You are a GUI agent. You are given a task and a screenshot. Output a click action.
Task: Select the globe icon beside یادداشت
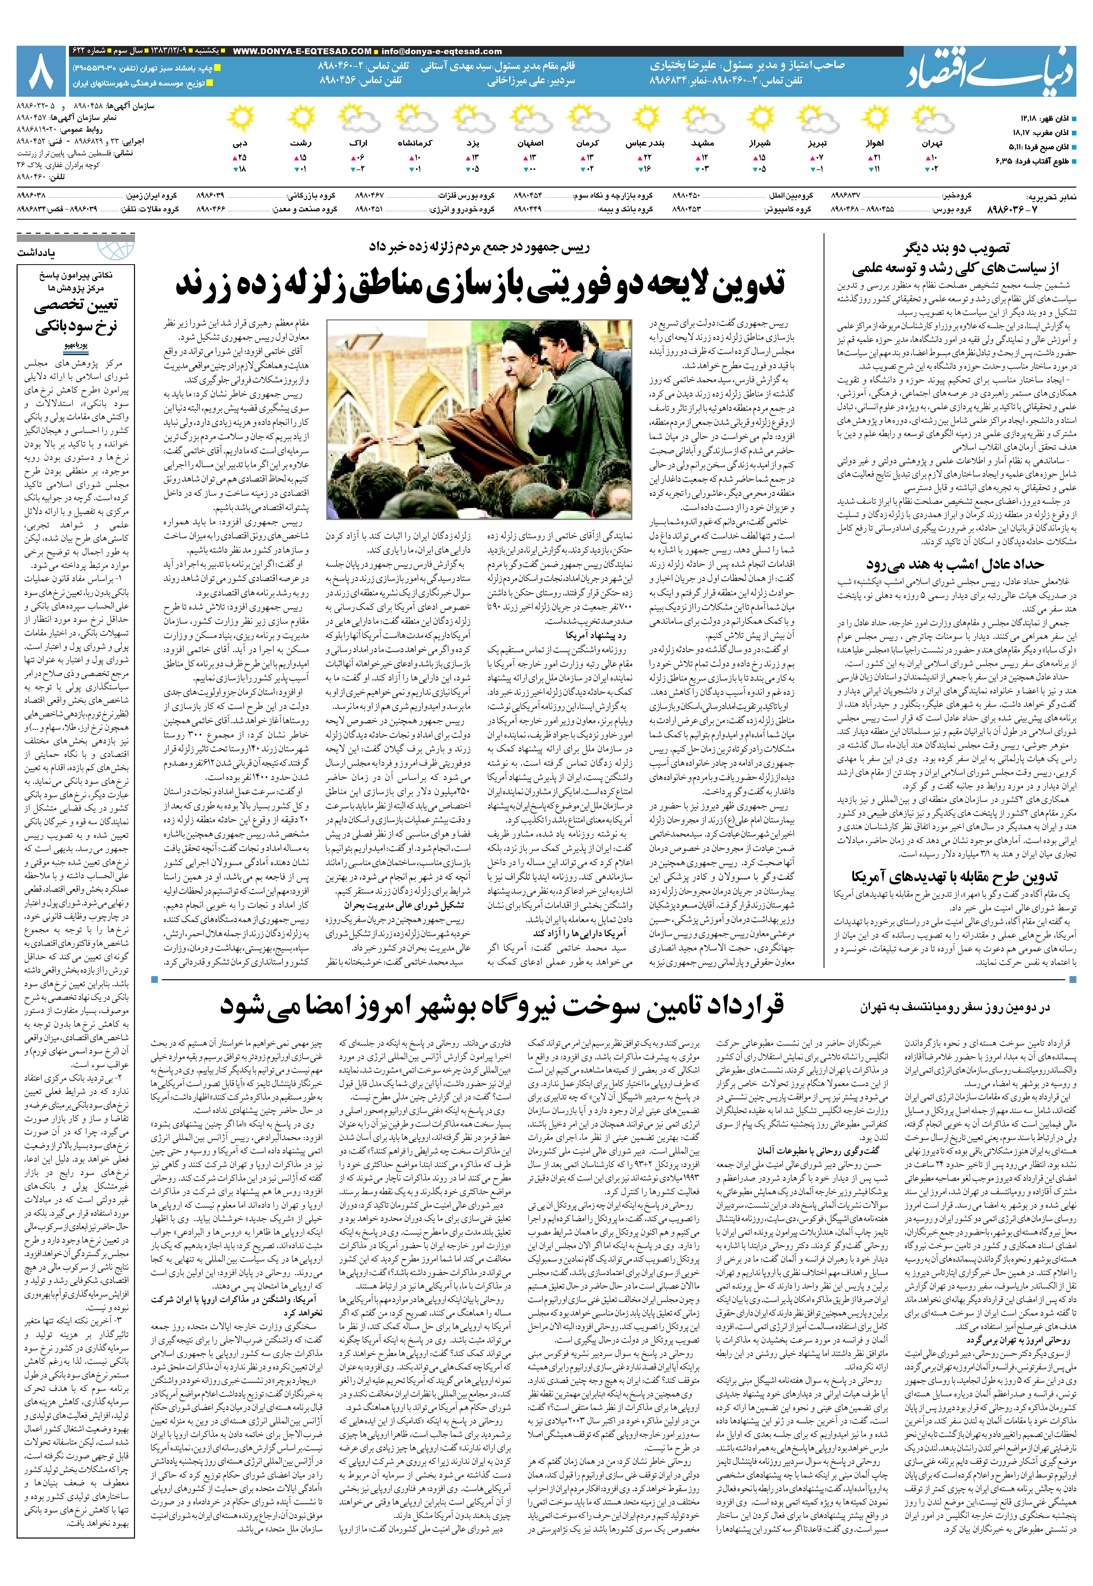click(114, 250)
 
